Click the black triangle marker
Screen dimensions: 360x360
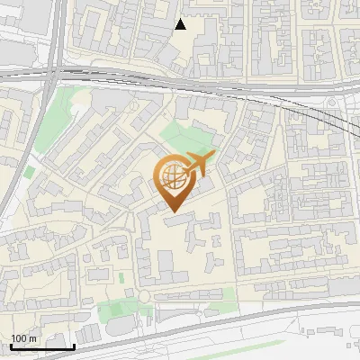pyautogui.click(x=181, y=24)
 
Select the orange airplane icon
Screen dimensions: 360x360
pyautogui.click(x=200, y=164)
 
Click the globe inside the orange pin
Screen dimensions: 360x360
pyautogui.click(x=171, y=177)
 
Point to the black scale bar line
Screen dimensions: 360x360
pyautogui.click(x=41, y=346)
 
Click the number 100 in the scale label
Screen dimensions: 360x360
pyautogui.click(x=19, y=338)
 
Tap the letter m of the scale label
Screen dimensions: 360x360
pyautogui.click(x=31, y=338)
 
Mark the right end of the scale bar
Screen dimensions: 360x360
pyautogui.click(x=73, y=346)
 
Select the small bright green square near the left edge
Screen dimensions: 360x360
pyautogui.click(x=30, y=171)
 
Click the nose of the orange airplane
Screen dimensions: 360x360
pyautogui.click(x=214, y=156)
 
